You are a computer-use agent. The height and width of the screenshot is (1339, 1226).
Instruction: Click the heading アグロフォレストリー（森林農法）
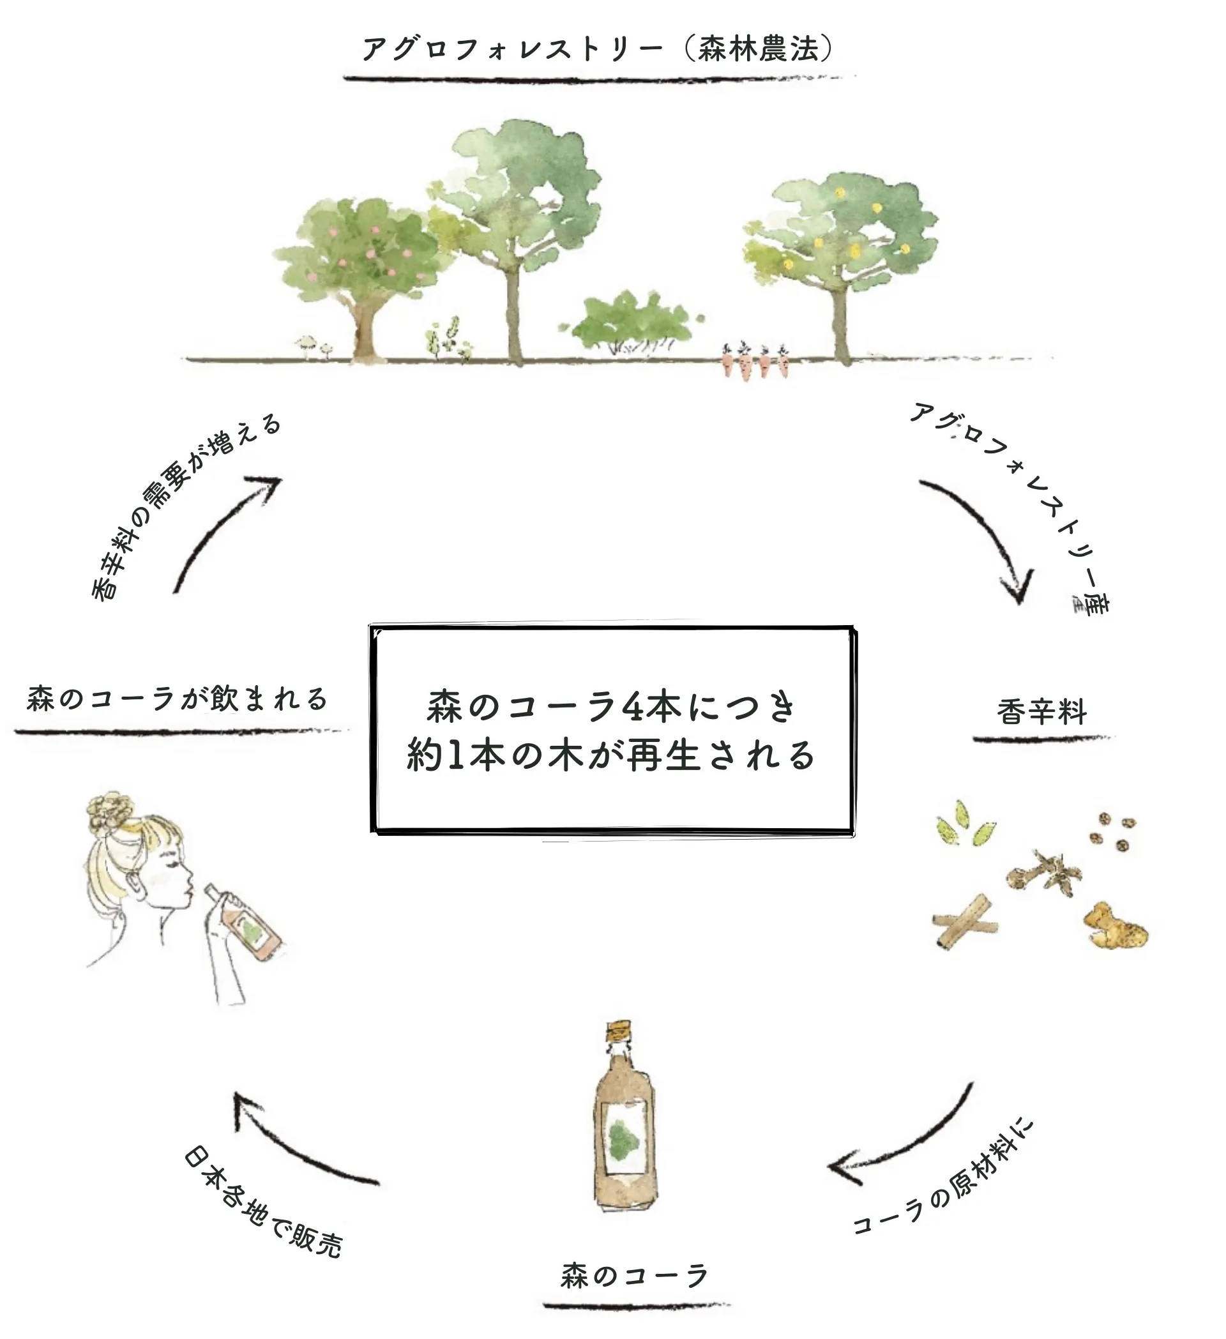point(598,49)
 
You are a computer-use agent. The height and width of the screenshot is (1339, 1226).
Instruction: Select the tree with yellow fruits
point(840,266)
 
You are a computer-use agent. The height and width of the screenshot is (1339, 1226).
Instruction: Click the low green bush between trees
point(631,322)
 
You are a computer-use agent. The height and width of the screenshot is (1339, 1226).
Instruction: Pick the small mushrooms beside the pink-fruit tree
point(312,347)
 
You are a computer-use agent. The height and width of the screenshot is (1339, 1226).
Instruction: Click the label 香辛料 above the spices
point(1041,712)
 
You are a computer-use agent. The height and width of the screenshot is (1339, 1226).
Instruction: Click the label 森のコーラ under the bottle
point(635,1276)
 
